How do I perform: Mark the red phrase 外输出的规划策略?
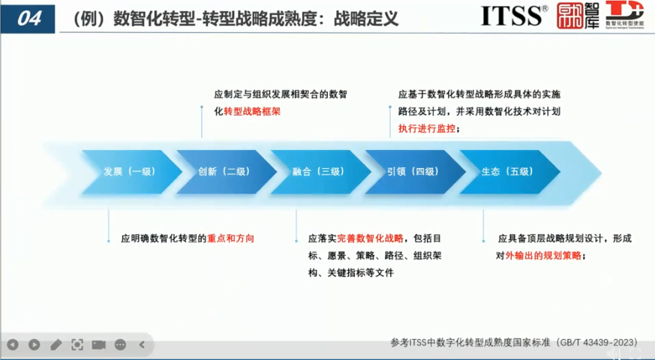[x=542, y=256]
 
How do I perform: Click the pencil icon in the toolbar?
[x=56, y=345]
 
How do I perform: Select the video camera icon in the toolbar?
[x=98, y=345]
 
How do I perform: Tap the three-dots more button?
[x=120, y=345]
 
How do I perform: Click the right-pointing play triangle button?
[x=34, y=345]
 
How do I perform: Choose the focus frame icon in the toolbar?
[x=77, y=345]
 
